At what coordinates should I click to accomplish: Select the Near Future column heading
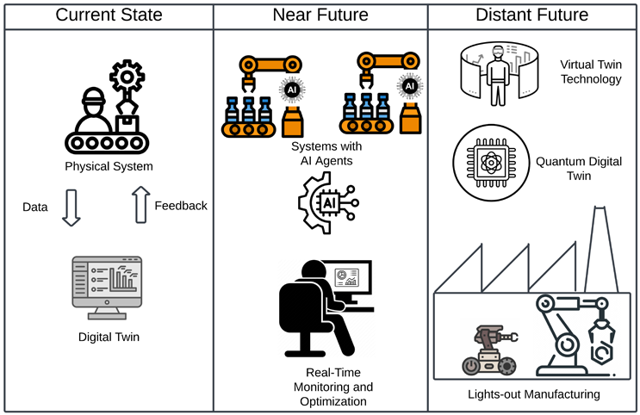(320, 15)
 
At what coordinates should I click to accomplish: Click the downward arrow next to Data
(71, 208)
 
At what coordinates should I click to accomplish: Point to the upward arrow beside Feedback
(140, 207)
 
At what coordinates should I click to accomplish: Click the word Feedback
(181, 206)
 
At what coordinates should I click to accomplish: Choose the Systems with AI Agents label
(320, 152)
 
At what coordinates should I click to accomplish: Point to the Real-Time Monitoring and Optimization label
(327, 387)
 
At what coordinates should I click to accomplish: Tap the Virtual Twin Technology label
(590, 72)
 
